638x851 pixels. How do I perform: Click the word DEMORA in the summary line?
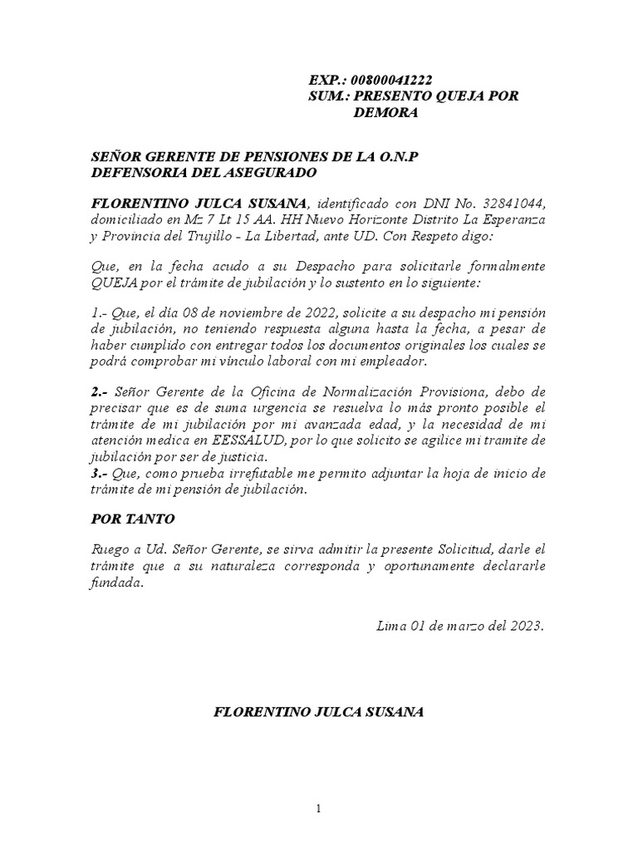click(x=385, y=112)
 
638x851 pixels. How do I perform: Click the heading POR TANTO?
click(x=132, y=519)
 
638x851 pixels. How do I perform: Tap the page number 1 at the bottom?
click(x=318, y=811)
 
